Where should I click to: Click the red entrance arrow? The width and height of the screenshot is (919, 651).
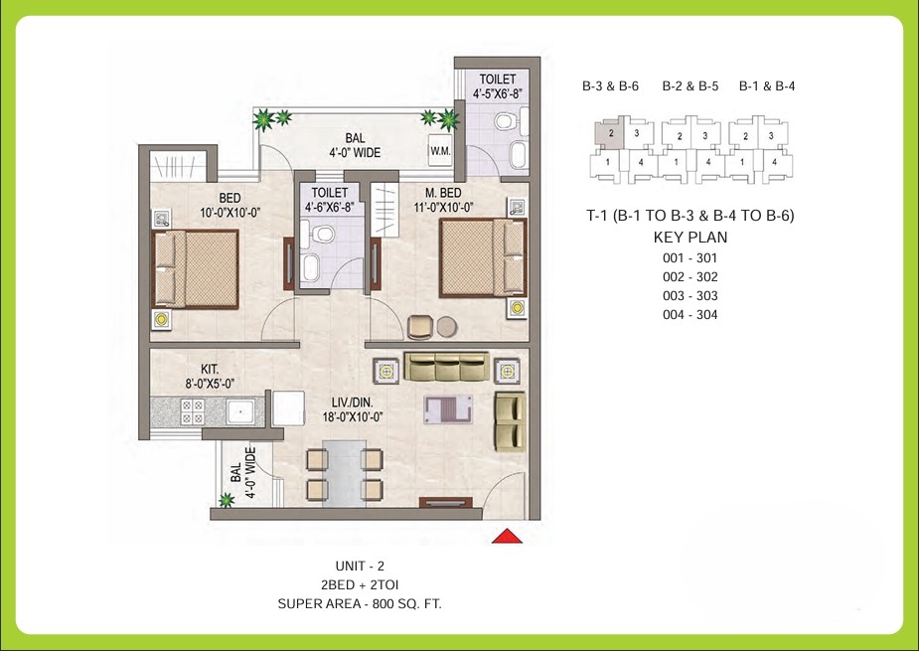click(508, 537)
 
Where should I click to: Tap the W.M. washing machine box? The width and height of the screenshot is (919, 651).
click(439, 151)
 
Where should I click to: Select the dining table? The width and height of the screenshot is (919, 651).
click(344, 474)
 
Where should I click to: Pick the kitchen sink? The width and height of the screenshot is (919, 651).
click(237, 410)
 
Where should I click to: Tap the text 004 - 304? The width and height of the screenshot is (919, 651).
click(689, 315)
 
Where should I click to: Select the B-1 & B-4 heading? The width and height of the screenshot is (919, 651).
click(766, 86)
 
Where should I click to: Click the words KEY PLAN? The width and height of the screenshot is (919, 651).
click(689, 238)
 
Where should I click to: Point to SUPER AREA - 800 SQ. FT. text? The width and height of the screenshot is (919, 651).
click(360, 603)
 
